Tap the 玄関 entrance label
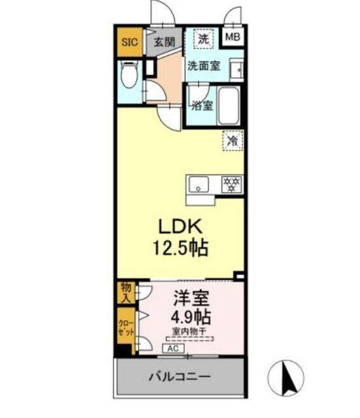tap(165, 42)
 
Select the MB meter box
tap(233, 37)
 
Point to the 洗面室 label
tap(203, 65)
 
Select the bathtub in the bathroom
tap(229, 105)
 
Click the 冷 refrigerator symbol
tap(233, 139)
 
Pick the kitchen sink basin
tap(199, 184)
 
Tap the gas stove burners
tap(231, 184)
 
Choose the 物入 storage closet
tap(125, 293)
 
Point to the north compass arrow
tap(286, 377)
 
